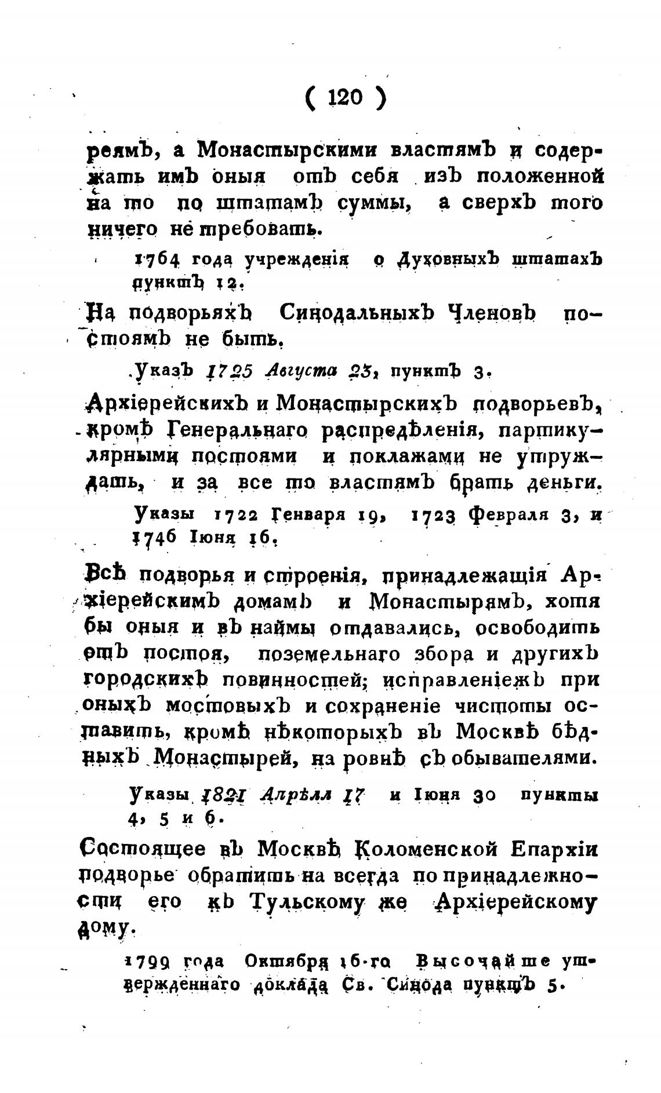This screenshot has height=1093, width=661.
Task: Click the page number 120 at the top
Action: coord(344,97)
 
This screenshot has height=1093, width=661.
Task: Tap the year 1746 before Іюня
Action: coord(154,537)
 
